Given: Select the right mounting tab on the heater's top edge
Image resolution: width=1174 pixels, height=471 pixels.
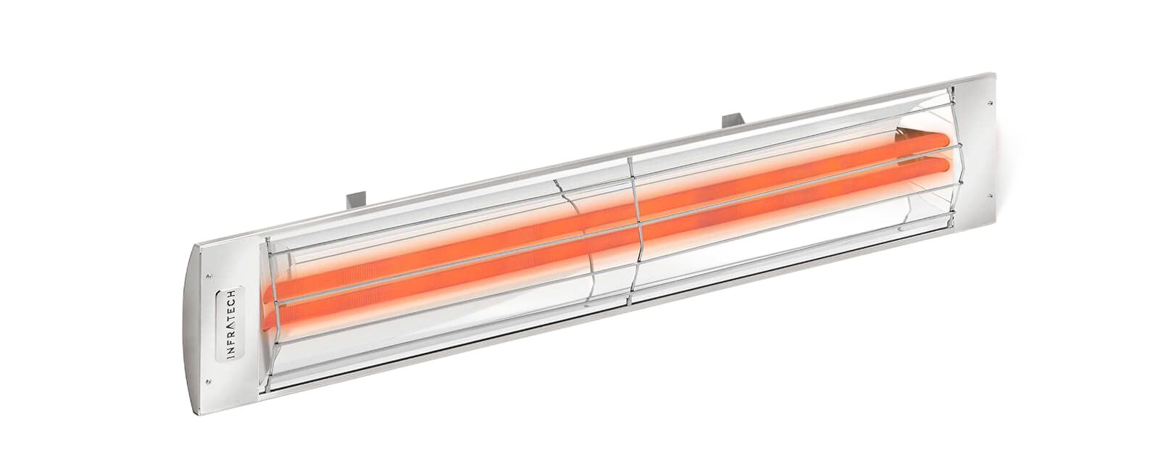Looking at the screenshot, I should pyautogui.click(x=733, y=118).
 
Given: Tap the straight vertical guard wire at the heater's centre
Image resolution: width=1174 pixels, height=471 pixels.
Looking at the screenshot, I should pyautogui.click(x=634, y=232).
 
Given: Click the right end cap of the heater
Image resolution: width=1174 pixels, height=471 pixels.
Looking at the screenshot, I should pyautogui.click(x=989, y=145).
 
